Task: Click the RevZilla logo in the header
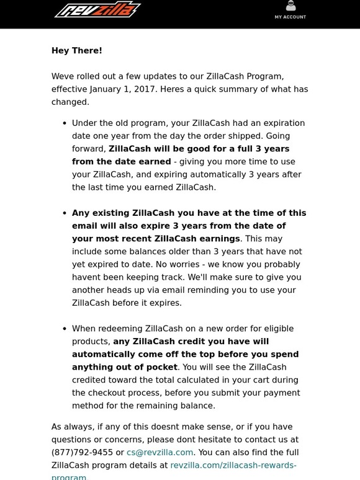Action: coord(97,11)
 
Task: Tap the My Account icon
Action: coord(290,6)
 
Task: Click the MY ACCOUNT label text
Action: coord(290,17)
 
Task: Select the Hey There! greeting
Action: coord(76,51)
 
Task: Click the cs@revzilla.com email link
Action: coord(160,453)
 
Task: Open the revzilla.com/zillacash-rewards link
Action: coord(233,465)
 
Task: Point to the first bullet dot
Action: coord(65,123)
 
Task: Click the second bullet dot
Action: coord(65,213)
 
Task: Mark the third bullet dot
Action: coord(65,329)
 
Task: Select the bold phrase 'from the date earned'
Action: coord(119,161)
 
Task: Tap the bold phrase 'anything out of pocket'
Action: coord(125,367)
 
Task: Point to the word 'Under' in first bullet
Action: coord(86,123)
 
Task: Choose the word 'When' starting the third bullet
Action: coord(85,329)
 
